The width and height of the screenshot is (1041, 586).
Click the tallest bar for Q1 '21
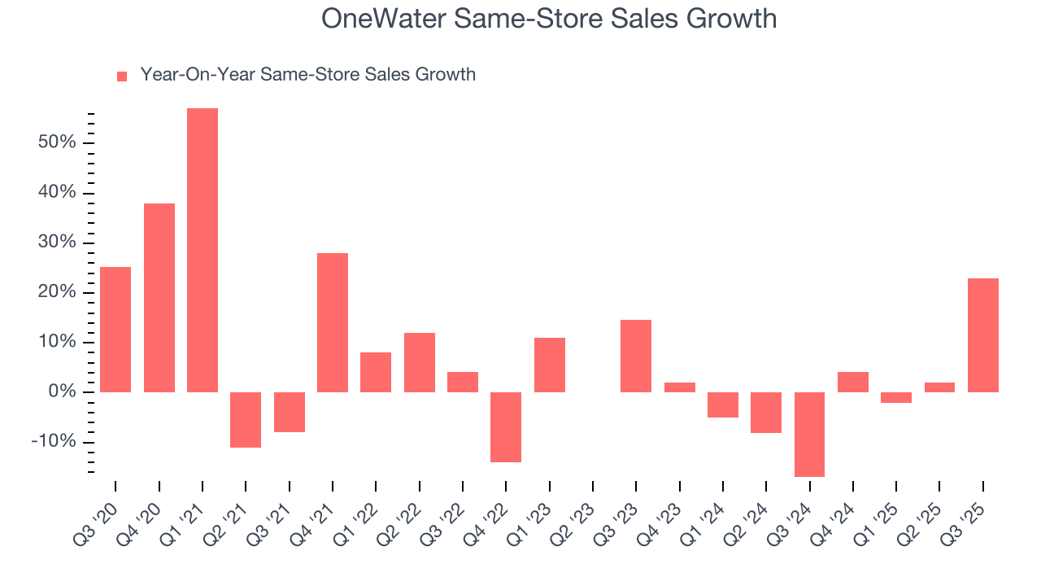[203, 250]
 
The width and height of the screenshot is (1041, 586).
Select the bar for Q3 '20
[115, 330]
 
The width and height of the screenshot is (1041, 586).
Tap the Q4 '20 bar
[159, 298]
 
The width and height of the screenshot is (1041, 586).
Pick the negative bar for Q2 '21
[246, 420]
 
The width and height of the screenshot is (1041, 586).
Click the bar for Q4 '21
[333, 322]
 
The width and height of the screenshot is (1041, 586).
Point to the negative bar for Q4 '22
[506, 427]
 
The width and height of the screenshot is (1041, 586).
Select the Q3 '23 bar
[636, 356]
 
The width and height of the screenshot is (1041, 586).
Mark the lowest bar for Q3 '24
[809, 435]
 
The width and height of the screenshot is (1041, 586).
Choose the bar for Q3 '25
[983, 335]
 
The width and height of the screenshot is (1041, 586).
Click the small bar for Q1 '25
[896, 397]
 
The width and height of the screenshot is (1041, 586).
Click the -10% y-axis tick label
[53, 442]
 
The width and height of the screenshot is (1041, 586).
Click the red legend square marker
[122, 77]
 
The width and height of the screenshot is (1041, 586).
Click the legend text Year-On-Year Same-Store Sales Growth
[307, 75]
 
